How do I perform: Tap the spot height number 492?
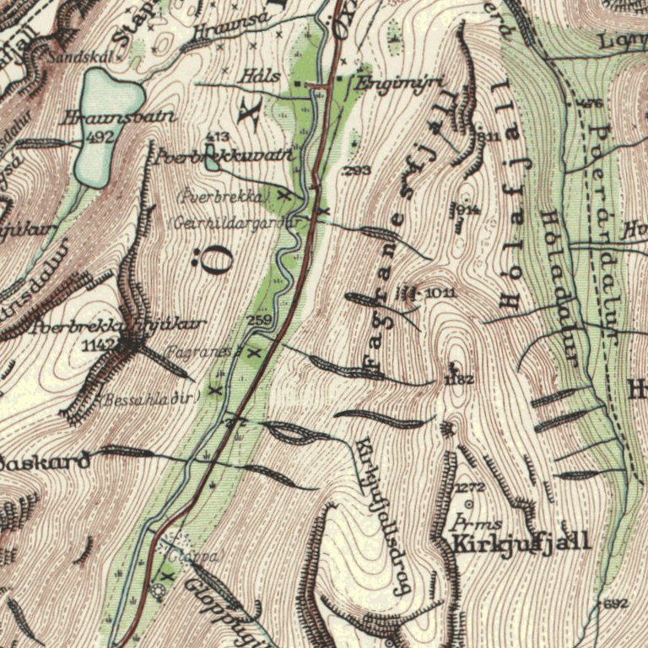point(100,136)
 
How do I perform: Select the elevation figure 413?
point(218,136)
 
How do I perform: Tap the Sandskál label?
point(73,57)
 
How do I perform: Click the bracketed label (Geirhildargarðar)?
point(240,223)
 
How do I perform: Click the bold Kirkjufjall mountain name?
point(521,543)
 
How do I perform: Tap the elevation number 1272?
point(470,489)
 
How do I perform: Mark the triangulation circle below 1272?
point(469,505)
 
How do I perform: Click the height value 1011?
point(442,292)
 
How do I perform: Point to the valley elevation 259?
point(259,321)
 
